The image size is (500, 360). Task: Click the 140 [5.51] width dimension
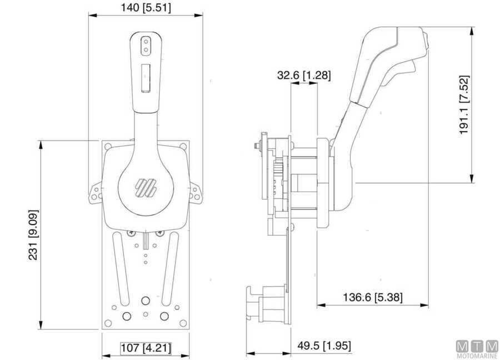click(x=146, y=7)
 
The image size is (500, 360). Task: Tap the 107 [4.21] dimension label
click(x=146, y=348)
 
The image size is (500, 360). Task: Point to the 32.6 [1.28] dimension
click(x=304, y=75)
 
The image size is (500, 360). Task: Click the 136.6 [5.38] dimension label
click(x=373, y=297)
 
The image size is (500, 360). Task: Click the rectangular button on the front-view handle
click(x=146, y=77)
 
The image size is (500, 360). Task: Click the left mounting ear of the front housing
click(x=95, y=192)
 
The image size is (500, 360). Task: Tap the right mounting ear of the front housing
click(x=196, y=192)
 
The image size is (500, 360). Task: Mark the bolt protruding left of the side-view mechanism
click(x=256, y=147)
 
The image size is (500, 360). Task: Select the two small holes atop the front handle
click(x=146, y=45)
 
